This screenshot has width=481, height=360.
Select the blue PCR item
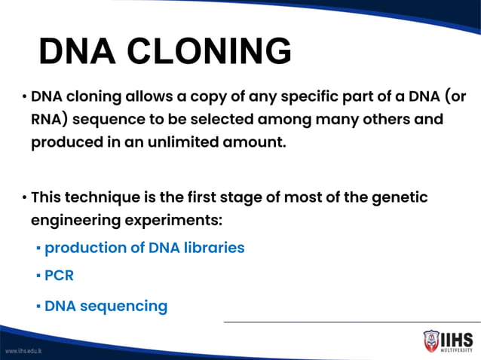(x=59, y=276)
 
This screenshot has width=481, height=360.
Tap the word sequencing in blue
(x=124, y=307)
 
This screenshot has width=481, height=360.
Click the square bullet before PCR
(x=38, y=276)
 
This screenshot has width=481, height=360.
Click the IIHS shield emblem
(x=430, y=340)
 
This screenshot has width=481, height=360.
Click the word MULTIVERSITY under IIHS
(x=458, y=349)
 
